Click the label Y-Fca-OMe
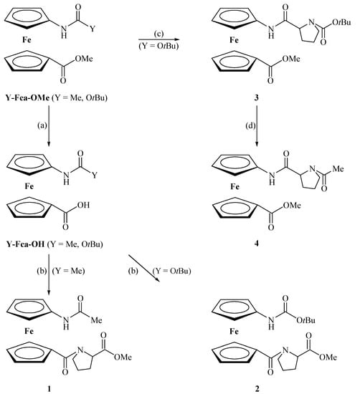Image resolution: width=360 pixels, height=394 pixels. tap(28, 95)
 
